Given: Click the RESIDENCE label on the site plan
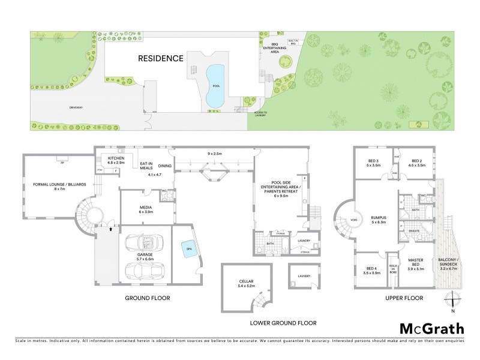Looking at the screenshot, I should tap(161, 58).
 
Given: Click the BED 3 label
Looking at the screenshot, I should tap(373, 162).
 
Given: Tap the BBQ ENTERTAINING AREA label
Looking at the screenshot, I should tap(275, 49).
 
